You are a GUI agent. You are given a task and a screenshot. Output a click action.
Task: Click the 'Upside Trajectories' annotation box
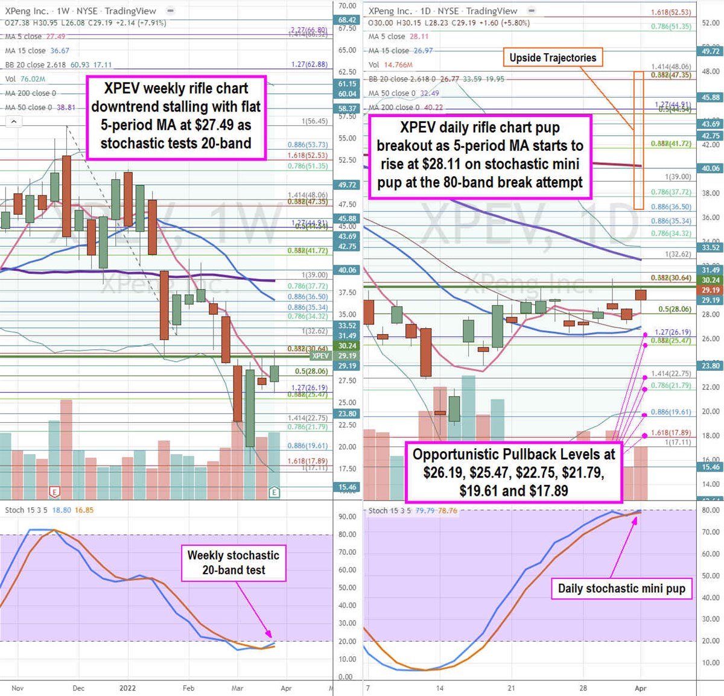pyautogui.click(x=553, y=58)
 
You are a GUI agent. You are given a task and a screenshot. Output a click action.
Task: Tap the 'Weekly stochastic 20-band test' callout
pyautogui.click(x=233, y=563)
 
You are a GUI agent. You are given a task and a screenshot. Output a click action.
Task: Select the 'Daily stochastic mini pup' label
pyautogui.click(x=621, y=589)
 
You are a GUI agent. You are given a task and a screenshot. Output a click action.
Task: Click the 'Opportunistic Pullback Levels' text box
pyautogui.click(x=513, y=472)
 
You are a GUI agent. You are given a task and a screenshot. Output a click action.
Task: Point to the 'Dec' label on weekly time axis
pyautogui.click(x=78, y=688)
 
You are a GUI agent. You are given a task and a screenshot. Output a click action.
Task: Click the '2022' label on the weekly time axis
pyautogui.click(x=127, y=688)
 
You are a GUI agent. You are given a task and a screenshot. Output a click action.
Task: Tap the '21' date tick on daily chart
pyautogui.click(x=511, y=688)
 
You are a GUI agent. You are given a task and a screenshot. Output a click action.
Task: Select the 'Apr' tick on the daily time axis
pyautogui.click(x=641, y=688)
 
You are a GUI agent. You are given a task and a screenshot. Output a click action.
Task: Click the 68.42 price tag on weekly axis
pyautogui.click(x=347, y=20)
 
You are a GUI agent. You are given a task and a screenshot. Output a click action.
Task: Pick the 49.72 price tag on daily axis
pyautogui.click(x=710, y=52)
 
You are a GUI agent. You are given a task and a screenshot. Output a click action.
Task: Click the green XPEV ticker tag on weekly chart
pyautogui.click(x=320, y=356)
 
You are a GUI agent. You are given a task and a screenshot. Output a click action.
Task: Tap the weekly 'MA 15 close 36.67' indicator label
pyautogui.click(x=37, y=51)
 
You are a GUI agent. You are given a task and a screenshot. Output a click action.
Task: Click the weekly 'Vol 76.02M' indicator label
pyautogui.click(x=25, y=79)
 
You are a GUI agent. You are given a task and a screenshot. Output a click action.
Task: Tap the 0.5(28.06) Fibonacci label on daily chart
pyautogui.click(x=675, y=309)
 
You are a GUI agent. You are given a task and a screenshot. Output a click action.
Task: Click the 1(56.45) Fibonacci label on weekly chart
pyautogui.click(x=315, y=121)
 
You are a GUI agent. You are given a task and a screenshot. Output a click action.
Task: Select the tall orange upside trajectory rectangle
pyautogui.click(x=638, y=140)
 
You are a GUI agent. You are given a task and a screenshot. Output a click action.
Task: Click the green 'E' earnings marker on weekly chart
pyautogui.click(x=275, y=493)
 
